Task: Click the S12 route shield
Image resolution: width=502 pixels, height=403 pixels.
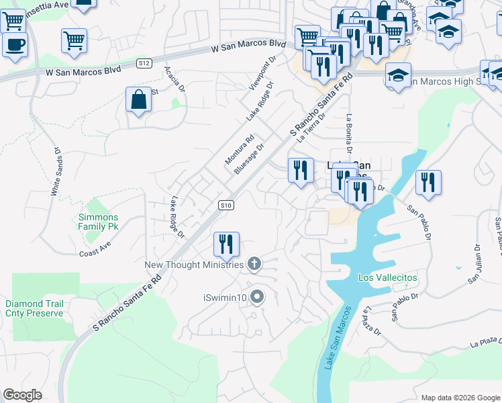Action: pos(144,63)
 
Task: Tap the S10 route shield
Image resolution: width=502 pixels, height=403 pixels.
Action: pos(226,206)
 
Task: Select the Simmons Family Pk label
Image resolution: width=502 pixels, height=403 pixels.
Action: pos(98,222)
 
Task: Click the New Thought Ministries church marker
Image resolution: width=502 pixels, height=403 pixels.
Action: pos(254,265)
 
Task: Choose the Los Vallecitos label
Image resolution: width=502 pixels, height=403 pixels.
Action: pos(388,277)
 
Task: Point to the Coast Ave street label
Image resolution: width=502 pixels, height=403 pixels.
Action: pos(94,249)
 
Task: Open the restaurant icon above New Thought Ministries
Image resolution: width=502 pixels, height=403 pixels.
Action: pos(226,244)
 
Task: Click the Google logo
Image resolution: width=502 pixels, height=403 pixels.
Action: pos(22,394)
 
